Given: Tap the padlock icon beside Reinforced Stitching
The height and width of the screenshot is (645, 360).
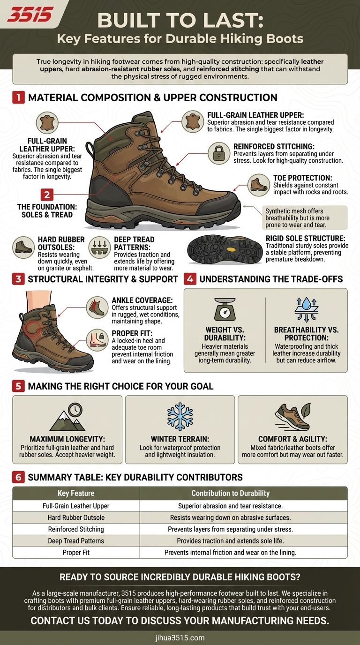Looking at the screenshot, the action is pos(219,153).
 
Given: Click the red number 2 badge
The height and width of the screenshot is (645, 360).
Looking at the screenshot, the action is pos(47,195).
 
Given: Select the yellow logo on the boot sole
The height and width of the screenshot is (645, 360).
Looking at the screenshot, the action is pos(231,249).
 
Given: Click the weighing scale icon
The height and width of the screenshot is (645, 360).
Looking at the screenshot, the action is pos(225,309).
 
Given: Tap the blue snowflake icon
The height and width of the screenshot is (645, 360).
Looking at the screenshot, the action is pos(180,416).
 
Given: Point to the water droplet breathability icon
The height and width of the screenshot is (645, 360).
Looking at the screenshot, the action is pos(307,309).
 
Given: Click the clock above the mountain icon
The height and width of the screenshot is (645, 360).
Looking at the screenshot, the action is pos(75,409).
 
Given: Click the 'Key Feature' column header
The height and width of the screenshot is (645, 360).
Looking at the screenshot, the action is pos(76,493).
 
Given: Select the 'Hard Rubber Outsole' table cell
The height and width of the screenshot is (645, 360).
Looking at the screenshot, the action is pos(76,517).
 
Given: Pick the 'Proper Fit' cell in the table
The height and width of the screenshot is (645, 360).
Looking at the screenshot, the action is pos(76,553).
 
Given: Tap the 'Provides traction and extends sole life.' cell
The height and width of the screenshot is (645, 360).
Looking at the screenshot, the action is pos(231,541).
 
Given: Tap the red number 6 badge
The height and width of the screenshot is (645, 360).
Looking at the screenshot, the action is pos(18,477).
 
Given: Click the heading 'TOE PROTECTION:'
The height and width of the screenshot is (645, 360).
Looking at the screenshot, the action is pos(303,178).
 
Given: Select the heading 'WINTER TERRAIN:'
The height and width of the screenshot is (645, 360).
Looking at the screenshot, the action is pos(180,439).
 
